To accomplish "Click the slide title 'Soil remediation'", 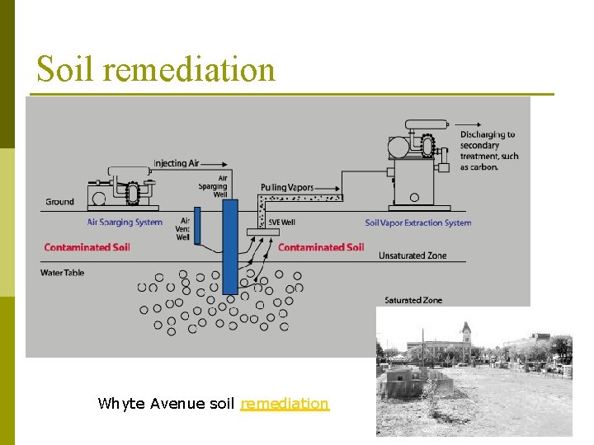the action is click(155, 68).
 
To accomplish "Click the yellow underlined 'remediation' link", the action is click(285, 403).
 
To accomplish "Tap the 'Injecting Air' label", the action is click(176, 163).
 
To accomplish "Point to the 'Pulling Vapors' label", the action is click(286, 188).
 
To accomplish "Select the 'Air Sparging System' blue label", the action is click(125, 222).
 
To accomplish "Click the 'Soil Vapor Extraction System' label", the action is click(418, 222).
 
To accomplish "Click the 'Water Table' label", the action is click(64, 272).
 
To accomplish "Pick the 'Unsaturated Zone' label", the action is click(412, 255).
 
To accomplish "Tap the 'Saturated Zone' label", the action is click(413, 300).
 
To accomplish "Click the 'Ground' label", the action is click(59, 202).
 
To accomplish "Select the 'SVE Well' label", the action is click(281, 222).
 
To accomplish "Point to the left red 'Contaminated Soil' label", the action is click(87, 247).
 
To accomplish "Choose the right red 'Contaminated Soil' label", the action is click(321, 247).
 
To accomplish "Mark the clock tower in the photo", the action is click(466, 334).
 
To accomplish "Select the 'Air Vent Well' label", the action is click(183, 229).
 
